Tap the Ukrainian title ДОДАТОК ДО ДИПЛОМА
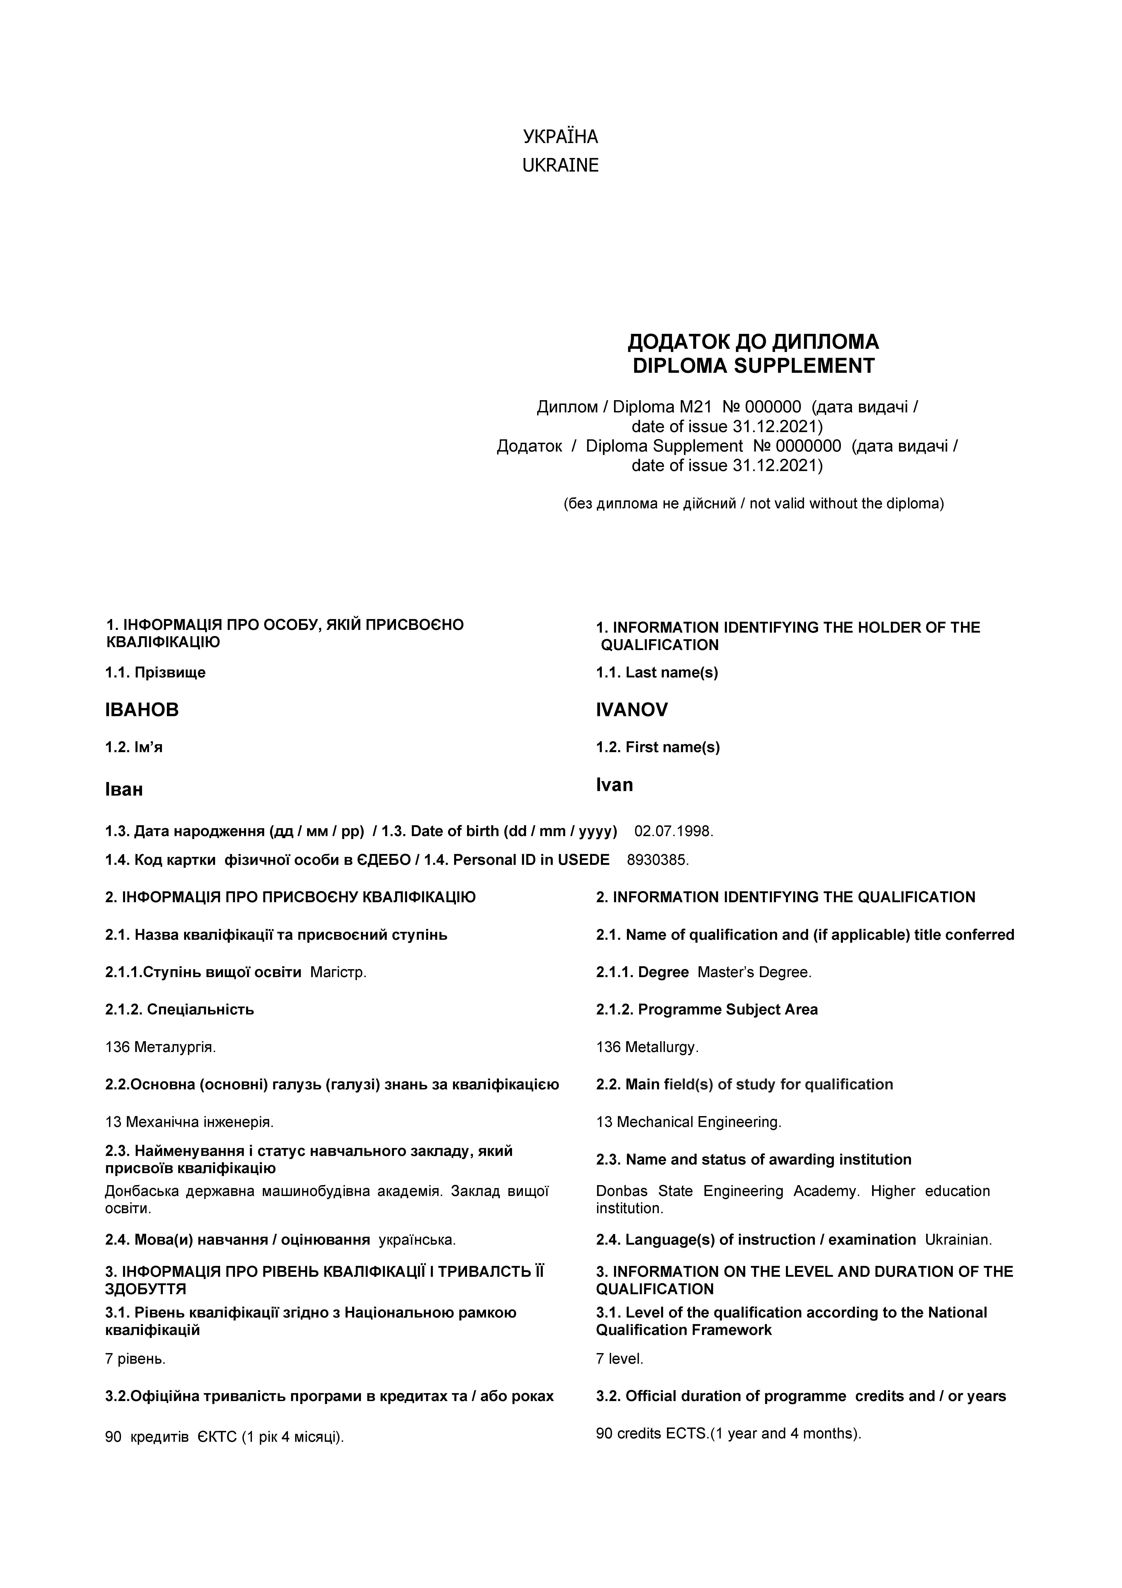tap(754, 342)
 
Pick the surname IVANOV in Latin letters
tap(632, 710)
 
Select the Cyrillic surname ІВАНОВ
tap(142, 710)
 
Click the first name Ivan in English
tap(614, 785)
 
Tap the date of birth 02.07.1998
tap(673, 831)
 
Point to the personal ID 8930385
tap(657, 860)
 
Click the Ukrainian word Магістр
tap(338, 972)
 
